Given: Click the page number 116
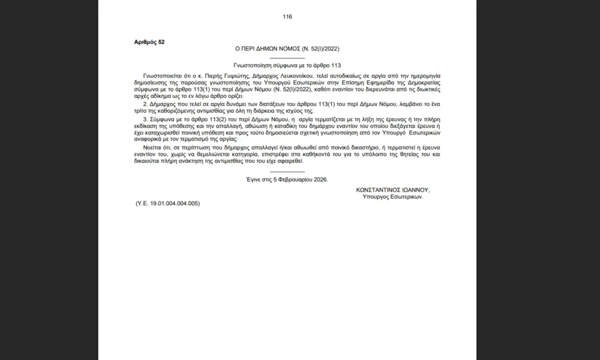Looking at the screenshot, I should click(x=287, y=16).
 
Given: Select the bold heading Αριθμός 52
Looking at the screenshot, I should click(x=149, y=43).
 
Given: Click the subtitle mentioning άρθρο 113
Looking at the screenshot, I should click(x=287, y=66).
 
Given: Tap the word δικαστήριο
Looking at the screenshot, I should click(x=335, y=148).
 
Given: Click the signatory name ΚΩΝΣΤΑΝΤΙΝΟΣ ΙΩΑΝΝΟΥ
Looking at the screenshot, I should click(x=393, y=191).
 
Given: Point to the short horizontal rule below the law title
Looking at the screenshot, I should click(x=287, y=57).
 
